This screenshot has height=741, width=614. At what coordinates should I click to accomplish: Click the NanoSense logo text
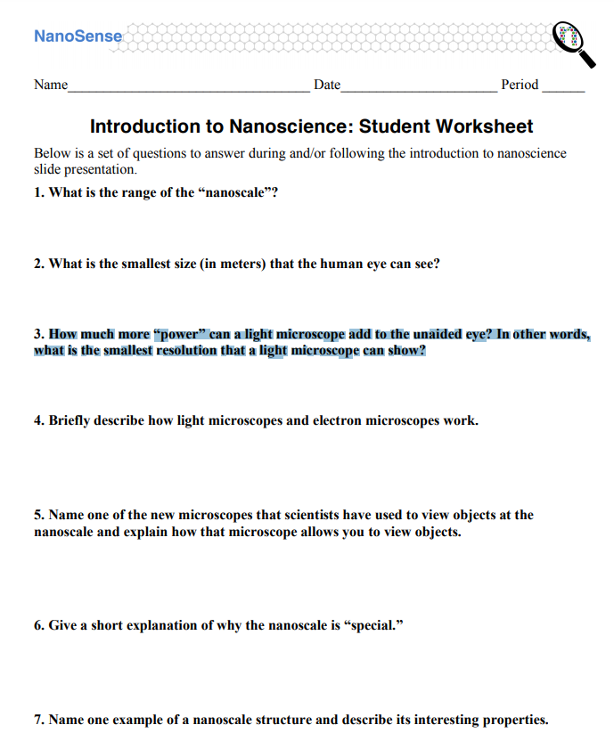(78, 37)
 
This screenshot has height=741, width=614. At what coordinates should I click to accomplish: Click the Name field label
(51, 85)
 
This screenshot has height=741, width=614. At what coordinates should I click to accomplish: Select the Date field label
(327, 85)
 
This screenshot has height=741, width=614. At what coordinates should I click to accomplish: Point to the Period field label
(520, 85)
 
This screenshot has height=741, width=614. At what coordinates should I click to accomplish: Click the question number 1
(39, 192)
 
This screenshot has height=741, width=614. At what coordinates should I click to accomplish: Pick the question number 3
(39, 335)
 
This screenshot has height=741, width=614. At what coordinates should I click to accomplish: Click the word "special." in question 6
(373, 625)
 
